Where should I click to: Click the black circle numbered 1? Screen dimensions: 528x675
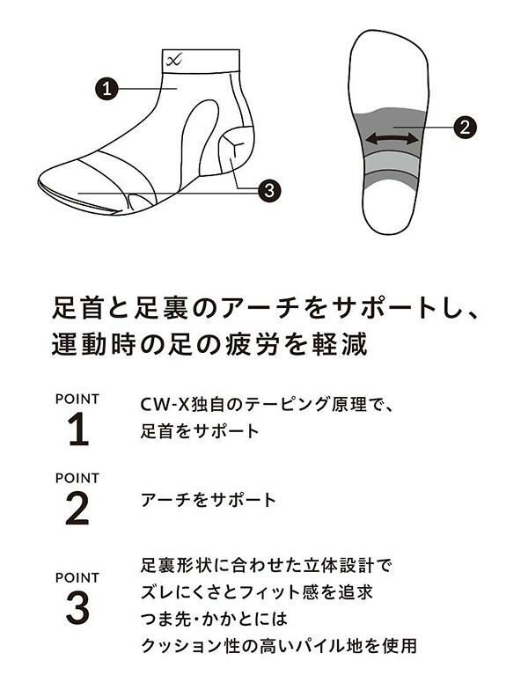click(106, 89)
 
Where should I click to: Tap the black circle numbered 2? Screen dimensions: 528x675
click(465, 128)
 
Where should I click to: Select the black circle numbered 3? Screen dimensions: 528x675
click(269, 190)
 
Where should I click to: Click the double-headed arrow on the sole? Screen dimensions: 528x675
click(392, 139)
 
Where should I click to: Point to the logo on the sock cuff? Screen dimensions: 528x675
click(174, 60)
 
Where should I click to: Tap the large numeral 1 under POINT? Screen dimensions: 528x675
click(78, 429)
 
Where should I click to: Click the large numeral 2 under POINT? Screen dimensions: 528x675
click(77, 509)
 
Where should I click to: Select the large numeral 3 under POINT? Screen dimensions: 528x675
click(78, 608)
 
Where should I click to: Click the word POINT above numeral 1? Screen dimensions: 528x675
click(77, 399)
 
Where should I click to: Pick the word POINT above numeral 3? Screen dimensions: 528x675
click(77, 577)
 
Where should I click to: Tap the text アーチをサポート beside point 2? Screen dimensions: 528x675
click(209, 500)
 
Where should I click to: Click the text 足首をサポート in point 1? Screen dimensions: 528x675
click(200, 431)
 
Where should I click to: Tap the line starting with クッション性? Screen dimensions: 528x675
click(279, 646)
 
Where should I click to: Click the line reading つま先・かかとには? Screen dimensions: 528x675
click(214, 619)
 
